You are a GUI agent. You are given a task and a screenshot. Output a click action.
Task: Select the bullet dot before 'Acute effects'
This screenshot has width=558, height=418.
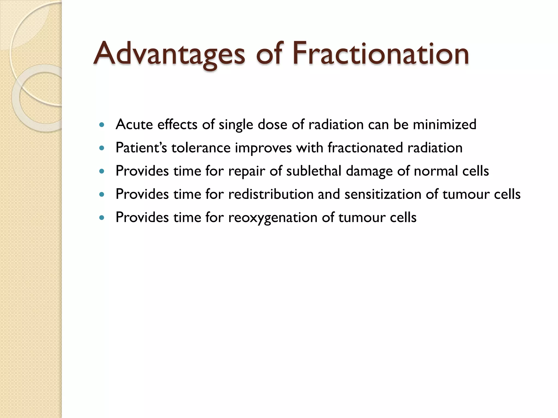click(102, 125)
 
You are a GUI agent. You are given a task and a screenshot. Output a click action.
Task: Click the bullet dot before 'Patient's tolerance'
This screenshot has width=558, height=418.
click(102, 148)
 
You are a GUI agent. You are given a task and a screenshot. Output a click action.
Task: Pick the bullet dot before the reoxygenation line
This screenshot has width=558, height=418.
click(102, 218)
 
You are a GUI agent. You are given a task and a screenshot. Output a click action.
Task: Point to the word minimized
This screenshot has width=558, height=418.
click(444, 125)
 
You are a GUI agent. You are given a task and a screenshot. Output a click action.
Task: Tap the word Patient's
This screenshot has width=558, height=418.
click(141, 148)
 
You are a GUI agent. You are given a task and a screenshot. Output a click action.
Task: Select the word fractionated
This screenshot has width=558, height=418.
click(365, 148)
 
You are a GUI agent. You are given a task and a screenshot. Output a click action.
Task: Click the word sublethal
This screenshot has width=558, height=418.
click(314, 171)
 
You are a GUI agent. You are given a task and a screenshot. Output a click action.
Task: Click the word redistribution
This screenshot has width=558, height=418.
click(271, 194)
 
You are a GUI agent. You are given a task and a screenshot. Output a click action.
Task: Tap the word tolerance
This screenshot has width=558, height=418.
click(201, 148)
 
